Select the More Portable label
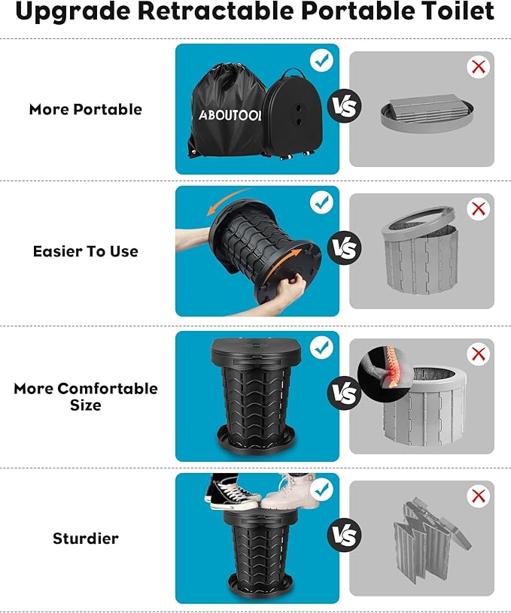click(86, 110)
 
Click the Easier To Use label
click(86, 251)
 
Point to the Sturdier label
click(86, 539)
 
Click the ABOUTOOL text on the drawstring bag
click(230, 115)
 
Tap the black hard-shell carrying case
click(291, 114)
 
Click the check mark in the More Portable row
click(321, 61)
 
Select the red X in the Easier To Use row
click(479, 209)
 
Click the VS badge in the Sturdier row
click(345, 535)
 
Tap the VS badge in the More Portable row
click(345, 106)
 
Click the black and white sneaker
click(232, 493)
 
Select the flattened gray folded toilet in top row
click(427, 114)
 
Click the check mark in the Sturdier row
click(321, 490)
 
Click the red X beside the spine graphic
click(479, 354)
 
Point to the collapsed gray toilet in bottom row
click(431, 542)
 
